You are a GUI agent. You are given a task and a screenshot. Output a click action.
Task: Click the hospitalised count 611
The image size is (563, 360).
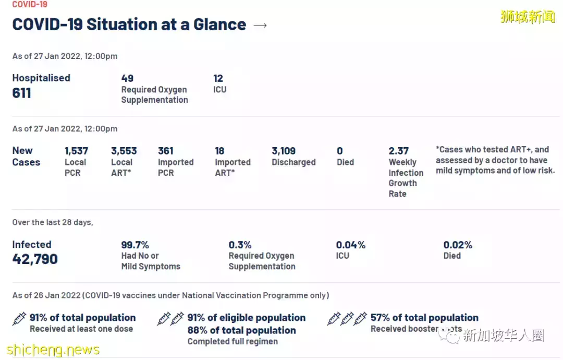(22, 93)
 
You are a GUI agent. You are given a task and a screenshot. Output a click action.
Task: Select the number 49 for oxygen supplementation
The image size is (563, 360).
(127, 78)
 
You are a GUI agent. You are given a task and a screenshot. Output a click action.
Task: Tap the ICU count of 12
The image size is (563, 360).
(218, 78)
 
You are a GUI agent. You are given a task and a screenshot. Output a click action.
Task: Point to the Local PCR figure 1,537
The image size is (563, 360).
(76, 151)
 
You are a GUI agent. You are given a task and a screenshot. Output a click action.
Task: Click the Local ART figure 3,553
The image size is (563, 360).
(124, 151)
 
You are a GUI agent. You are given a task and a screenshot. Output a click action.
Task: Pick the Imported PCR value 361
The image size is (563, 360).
(165, 151)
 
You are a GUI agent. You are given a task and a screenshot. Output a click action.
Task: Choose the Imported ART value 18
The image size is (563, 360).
(219, 151)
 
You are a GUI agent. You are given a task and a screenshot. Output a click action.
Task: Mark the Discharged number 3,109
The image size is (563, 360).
(284, 151)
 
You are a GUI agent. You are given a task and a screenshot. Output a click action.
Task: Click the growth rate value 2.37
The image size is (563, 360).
(398, 151)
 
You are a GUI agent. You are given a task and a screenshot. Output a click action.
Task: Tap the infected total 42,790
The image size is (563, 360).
(35, 259)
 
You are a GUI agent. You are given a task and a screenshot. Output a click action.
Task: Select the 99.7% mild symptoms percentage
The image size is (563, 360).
(135, 245)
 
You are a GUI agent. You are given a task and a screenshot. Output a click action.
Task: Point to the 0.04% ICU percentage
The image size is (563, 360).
(350, 245)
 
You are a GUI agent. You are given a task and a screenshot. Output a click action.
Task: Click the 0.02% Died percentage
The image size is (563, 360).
(458, 245)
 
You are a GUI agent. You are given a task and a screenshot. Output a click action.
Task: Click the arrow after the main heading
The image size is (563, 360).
(260, 25)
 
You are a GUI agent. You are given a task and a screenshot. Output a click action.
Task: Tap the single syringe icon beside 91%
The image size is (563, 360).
(19, 318)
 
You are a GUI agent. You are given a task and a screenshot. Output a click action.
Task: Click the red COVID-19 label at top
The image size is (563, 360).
(30, 4)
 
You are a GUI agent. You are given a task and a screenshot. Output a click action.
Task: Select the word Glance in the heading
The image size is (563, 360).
(219, 25)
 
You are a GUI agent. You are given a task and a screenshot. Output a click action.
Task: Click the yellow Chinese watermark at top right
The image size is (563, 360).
(528, 17)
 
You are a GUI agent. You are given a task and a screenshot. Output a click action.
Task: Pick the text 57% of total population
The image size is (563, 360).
(424, 318)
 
